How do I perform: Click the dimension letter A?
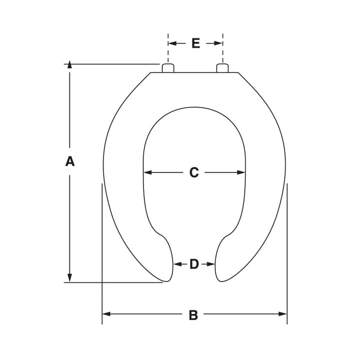[70, 161]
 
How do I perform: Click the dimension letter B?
[193, 315]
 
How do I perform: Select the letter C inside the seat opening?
[194, 172]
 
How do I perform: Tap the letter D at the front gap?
[194, 264]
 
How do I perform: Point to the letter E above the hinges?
[195, 43]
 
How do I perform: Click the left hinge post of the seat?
[168, 68]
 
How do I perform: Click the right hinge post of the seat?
[222, 68]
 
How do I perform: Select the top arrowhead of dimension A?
[70, 65]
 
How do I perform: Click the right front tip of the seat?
[220, 279]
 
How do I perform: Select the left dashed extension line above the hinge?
[168, 47]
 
